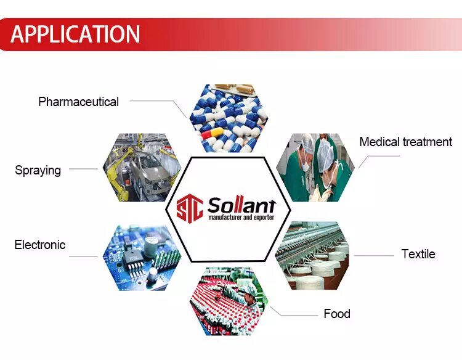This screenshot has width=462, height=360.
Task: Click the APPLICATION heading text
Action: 75,34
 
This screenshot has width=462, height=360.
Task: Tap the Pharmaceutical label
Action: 78,102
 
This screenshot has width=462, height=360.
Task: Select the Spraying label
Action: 38,170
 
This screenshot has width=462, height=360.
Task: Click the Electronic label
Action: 40,245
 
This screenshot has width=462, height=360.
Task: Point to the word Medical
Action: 379,142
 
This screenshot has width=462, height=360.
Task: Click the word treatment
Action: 428,142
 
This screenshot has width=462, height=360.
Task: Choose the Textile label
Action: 418,254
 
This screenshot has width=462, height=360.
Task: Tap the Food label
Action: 337,314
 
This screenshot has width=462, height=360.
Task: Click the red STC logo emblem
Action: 190,208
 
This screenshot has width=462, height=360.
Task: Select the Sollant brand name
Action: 242,205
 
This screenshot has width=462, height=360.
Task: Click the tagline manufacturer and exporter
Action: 241,218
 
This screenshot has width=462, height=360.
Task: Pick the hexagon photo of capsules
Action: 229,118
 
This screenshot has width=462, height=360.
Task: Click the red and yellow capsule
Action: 213,133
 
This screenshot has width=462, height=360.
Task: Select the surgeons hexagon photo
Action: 315,168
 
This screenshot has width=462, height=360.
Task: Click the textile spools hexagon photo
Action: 312,256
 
